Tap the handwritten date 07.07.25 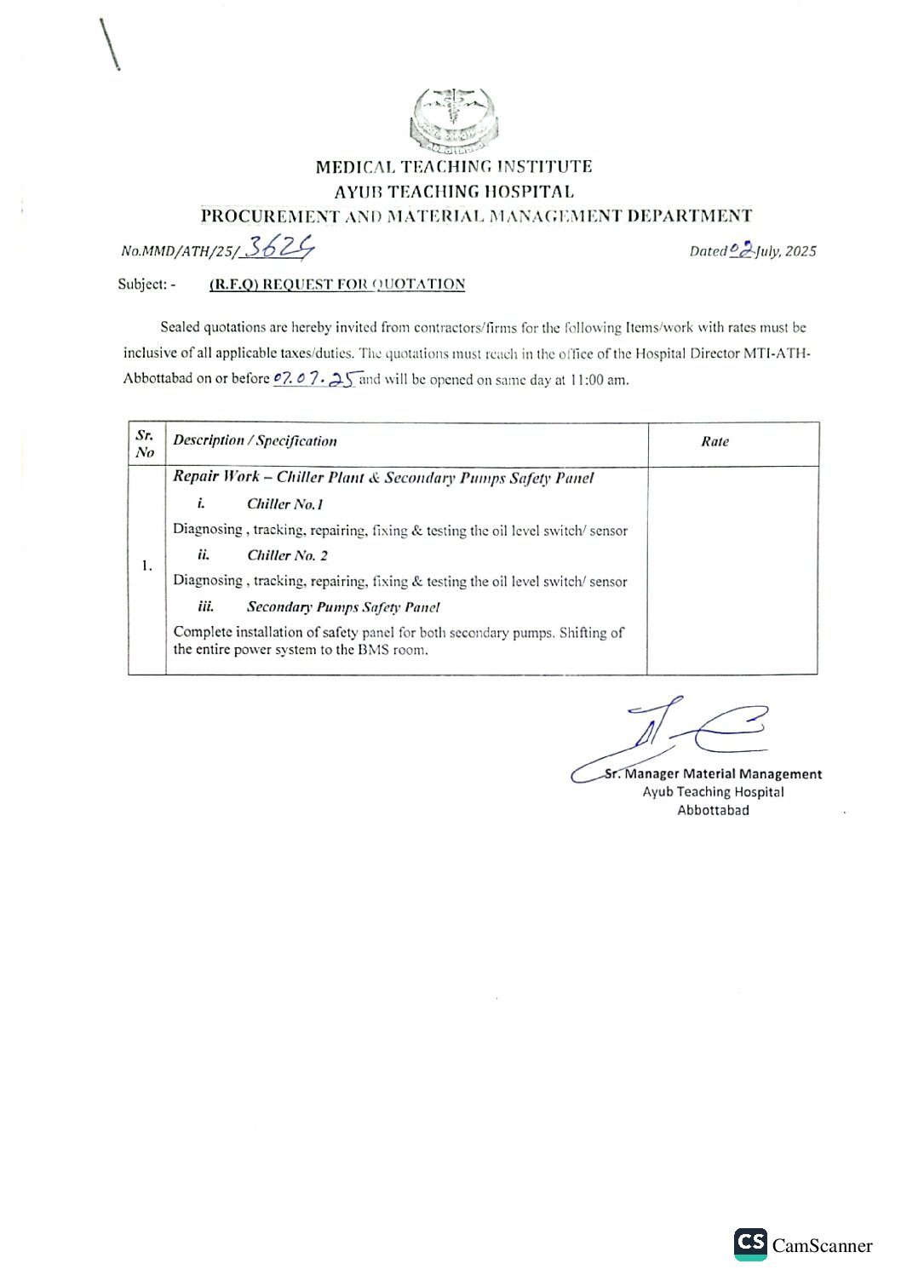tap(313, 379)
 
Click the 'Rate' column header tap(714, 441)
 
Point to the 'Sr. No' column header tap(145, 444)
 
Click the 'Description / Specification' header tap(255, 440)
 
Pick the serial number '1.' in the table tap(146, 566)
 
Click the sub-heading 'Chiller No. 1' tap(284, 504)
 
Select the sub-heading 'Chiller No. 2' tap(287, 555)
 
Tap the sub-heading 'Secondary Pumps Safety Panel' tap(342, 607)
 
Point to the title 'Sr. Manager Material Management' tap(713, 773)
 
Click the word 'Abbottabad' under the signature tap(713, 810)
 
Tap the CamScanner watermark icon tap(750, 1243)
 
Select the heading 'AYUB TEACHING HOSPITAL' tap(454, 192)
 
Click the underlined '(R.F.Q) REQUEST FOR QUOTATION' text tap(337, 284)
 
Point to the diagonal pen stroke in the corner tap(110, 44)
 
